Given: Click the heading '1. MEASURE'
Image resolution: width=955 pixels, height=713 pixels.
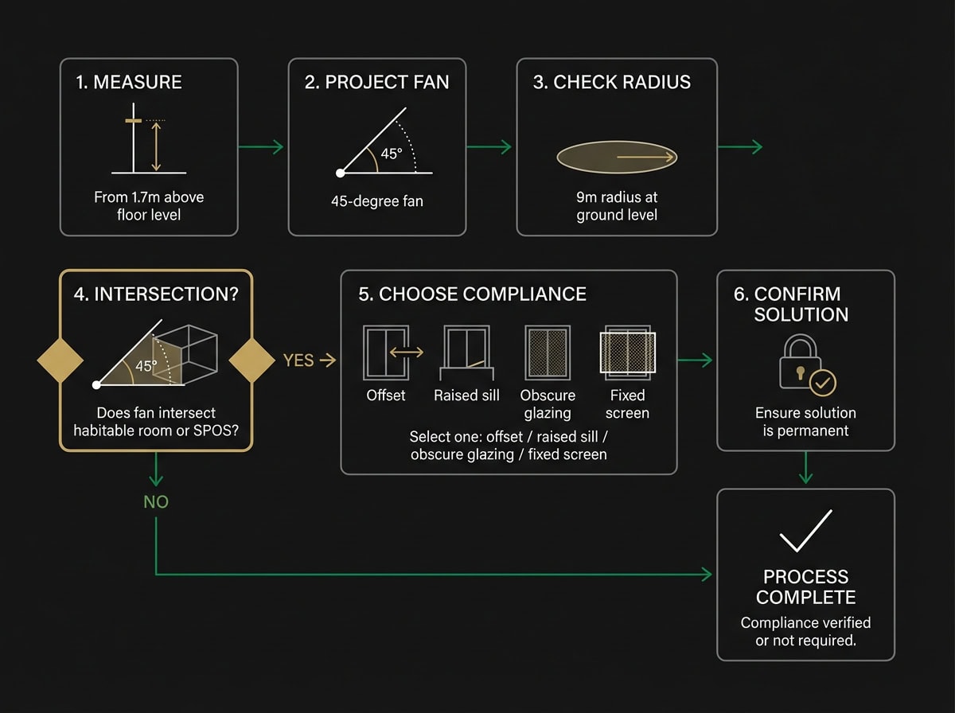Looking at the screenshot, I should point(129,82).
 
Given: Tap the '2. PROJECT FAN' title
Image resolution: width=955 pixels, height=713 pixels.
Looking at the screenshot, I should point(376,82).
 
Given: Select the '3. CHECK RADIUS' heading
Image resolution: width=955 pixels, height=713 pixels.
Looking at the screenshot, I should point(611,82).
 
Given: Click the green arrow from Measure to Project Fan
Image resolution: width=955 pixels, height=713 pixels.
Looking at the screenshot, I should point(261,146).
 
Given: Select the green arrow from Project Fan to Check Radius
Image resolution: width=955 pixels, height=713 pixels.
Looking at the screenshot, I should point(489,146).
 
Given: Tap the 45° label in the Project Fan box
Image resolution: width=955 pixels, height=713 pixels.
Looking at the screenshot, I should point(392,154).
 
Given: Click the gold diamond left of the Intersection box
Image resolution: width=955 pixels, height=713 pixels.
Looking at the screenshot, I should point(60,360).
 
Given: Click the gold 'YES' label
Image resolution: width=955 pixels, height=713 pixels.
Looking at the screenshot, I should point(298,360).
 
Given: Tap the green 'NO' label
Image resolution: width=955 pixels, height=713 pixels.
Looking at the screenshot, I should point(156,502).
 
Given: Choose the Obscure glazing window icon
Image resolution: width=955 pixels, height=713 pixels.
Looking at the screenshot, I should point(548,352).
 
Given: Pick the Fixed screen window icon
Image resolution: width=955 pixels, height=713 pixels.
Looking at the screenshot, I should point(628,352).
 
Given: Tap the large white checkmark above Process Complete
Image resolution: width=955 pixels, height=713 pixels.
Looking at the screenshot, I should point(805,531).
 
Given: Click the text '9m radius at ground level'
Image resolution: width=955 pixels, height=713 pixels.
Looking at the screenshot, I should point(617,206).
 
